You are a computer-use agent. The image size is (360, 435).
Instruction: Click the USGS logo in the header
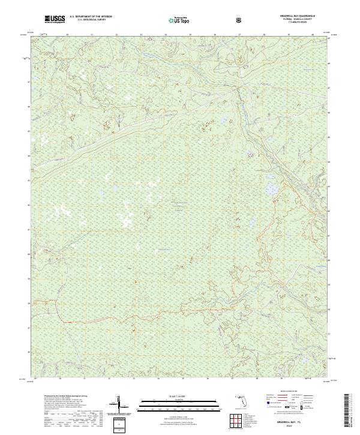(x=55, y=19)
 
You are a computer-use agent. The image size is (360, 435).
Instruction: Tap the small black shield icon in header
(x=239, y=20)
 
